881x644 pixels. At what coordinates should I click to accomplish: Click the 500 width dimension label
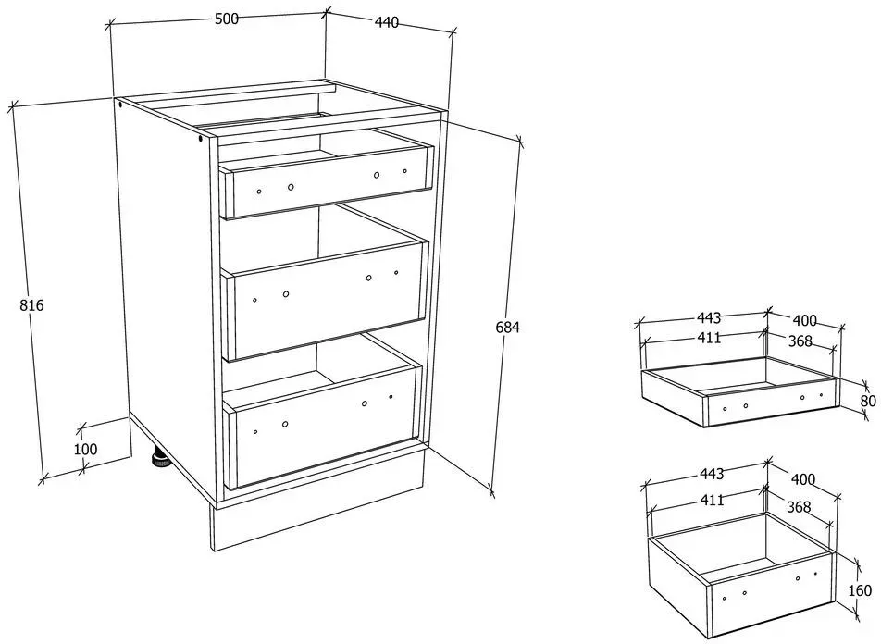tap(227, 19)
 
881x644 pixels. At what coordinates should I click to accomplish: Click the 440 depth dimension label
tap(386, 22)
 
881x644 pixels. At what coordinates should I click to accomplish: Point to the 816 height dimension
tap(31, 305)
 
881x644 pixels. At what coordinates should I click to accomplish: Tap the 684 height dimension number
tap(508, 327)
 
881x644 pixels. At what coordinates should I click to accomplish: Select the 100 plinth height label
tap(85, 449)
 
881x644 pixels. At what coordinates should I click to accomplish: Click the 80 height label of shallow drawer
tap(868, 401)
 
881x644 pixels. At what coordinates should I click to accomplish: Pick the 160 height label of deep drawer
tap(861, 590)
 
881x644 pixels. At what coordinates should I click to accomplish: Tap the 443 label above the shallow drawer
tap(709, 318)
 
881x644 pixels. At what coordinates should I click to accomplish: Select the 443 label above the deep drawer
tap(712, 474)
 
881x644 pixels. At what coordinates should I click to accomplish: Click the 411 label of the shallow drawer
tap(709, 338)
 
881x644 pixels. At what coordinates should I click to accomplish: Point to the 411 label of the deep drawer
tap(713, 499)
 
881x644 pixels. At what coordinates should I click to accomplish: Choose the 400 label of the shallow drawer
tap(804, 320)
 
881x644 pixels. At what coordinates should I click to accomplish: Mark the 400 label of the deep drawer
tap(803, 479)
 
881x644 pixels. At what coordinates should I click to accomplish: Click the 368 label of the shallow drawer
tap(800, 341)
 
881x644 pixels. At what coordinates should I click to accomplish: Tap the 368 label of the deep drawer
tap(799, 506)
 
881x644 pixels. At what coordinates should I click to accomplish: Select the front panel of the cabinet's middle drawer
tap(326, 300)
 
